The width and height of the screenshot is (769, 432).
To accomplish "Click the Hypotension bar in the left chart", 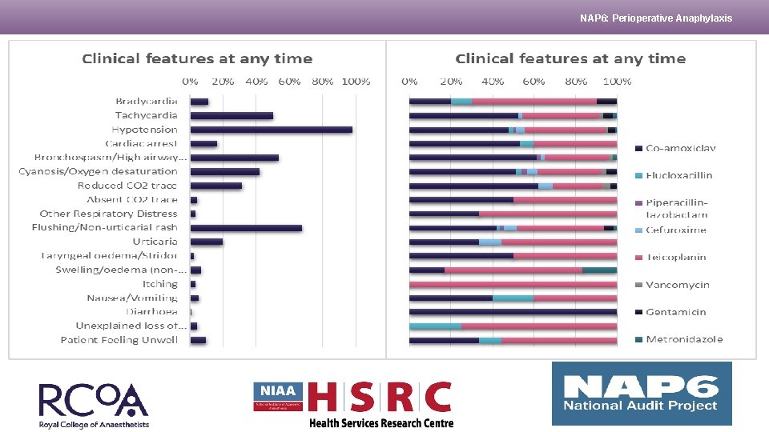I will coord(271,130).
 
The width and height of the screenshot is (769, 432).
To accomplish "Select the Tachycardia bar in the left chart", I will coord(232,116).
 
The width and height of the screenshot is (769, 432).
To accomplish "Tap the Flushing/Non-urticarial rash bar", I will coord(246,228).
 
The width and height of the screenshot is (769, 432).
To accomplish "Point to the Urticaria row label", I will coord(155,242).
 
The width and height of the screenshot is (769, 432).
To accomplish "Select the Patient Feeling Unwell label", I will coord(119,340).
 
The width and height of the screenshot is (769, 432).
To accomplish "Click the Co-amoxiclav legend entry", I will coord(680,148).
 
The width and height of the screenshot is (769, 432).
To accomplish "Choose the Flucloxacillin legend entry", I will coord(678,175).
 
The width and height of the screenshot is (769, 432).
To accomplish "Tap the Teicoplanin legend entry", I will coord(676,258).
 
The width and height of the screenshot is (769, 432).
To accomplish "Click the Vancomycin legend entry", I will coord(677,285).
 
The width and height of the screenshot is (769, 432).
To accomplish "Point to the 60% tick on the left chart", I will coord(289,82).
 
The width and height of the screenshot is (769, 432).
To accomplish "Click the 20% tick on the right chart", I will coord(451,82).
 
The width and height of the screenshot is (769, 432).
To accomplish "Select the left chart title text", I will coord(197,59).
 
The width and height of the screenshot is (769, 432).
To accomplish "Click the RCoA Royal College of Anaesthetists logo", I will coord(94,406).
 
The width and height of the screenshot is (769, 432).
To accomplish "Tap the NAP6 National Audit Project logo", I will coord(642,394).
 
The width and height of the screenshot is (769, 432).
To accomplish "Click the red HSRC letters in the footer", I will coord(380,398).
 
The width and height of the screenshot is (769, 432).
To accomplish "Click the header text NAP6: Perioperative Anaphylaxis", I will coord(656,18).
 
